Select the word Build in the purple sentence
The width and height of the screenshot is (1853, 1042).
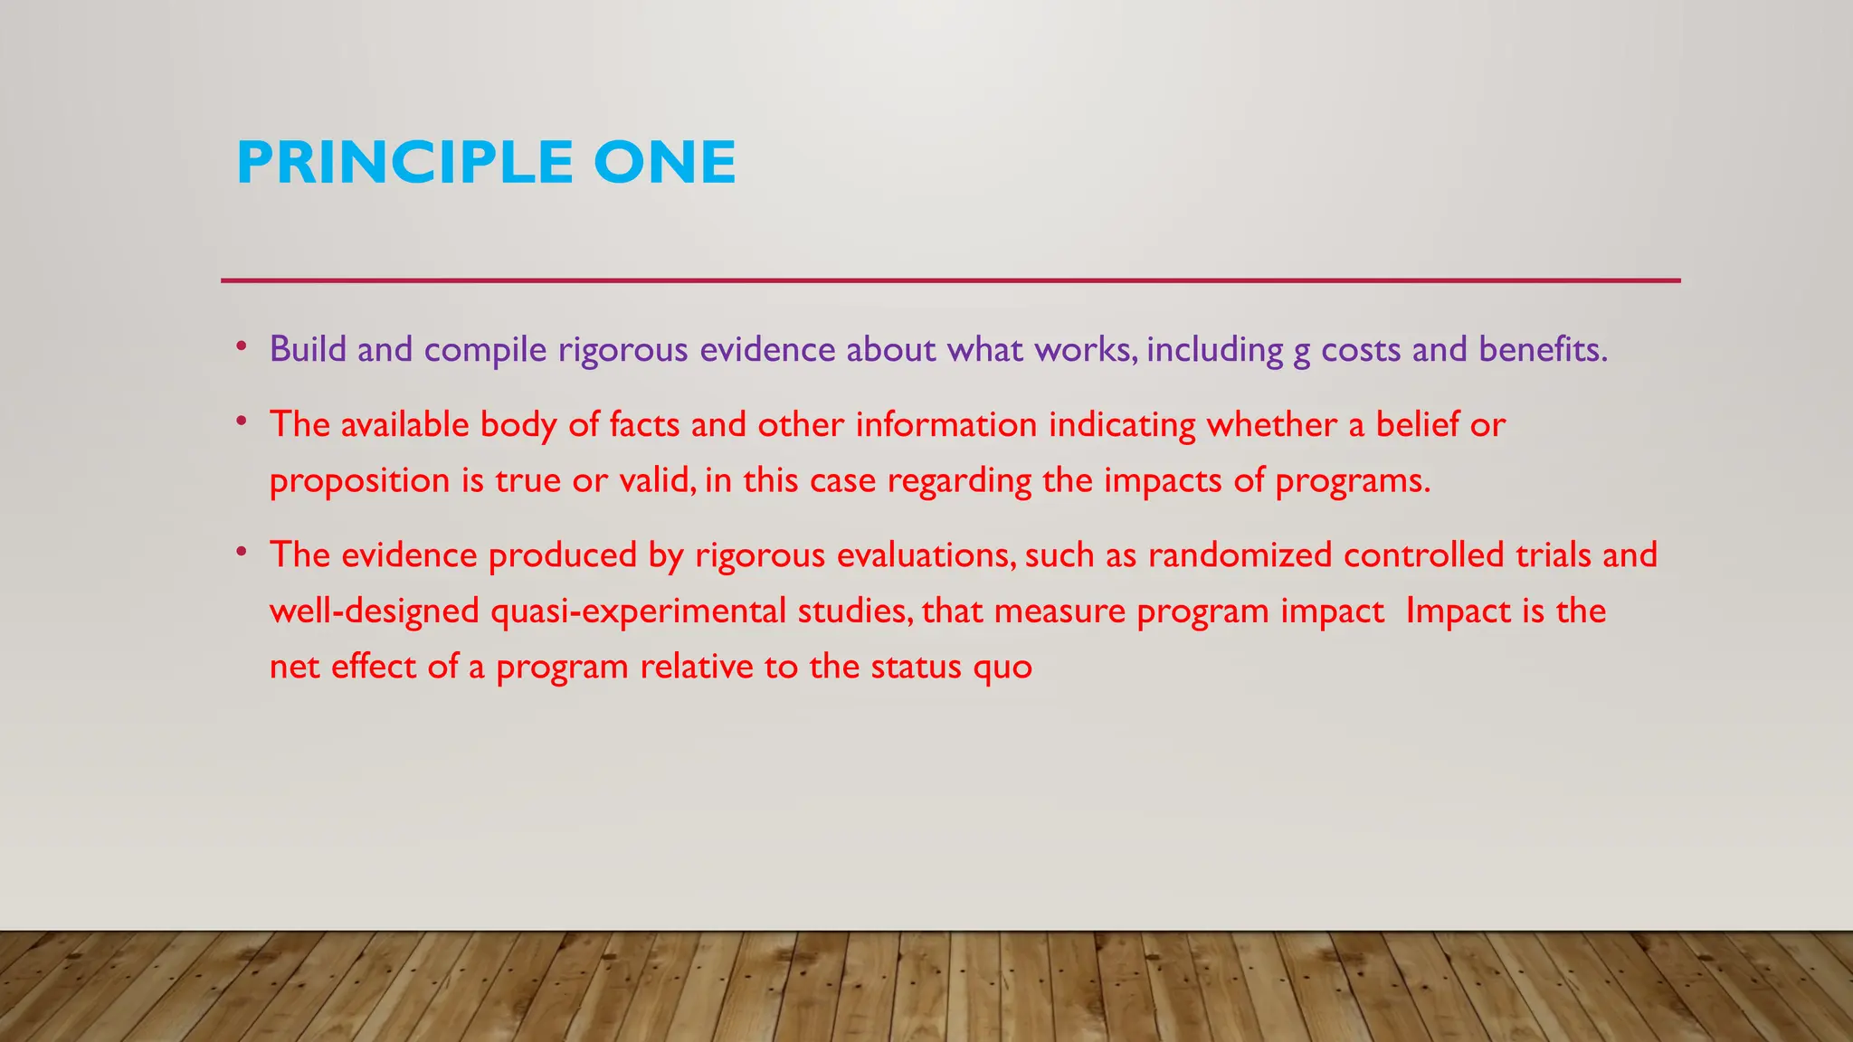click(308, 349)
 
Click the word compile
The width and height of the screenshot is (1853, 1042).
click(485, 349)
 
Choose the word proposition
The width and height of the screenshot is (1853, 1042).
click(360, 480)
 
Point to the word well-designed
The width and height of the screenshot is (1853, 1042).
click(374, 611)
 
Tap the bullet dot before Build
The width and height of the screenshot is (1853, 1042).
click(241, 346)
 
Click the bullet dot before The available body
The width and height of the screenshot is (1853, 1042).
click(241, 422)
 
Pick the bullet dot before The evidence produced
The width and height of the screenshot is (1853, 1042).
click(241, 552)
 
